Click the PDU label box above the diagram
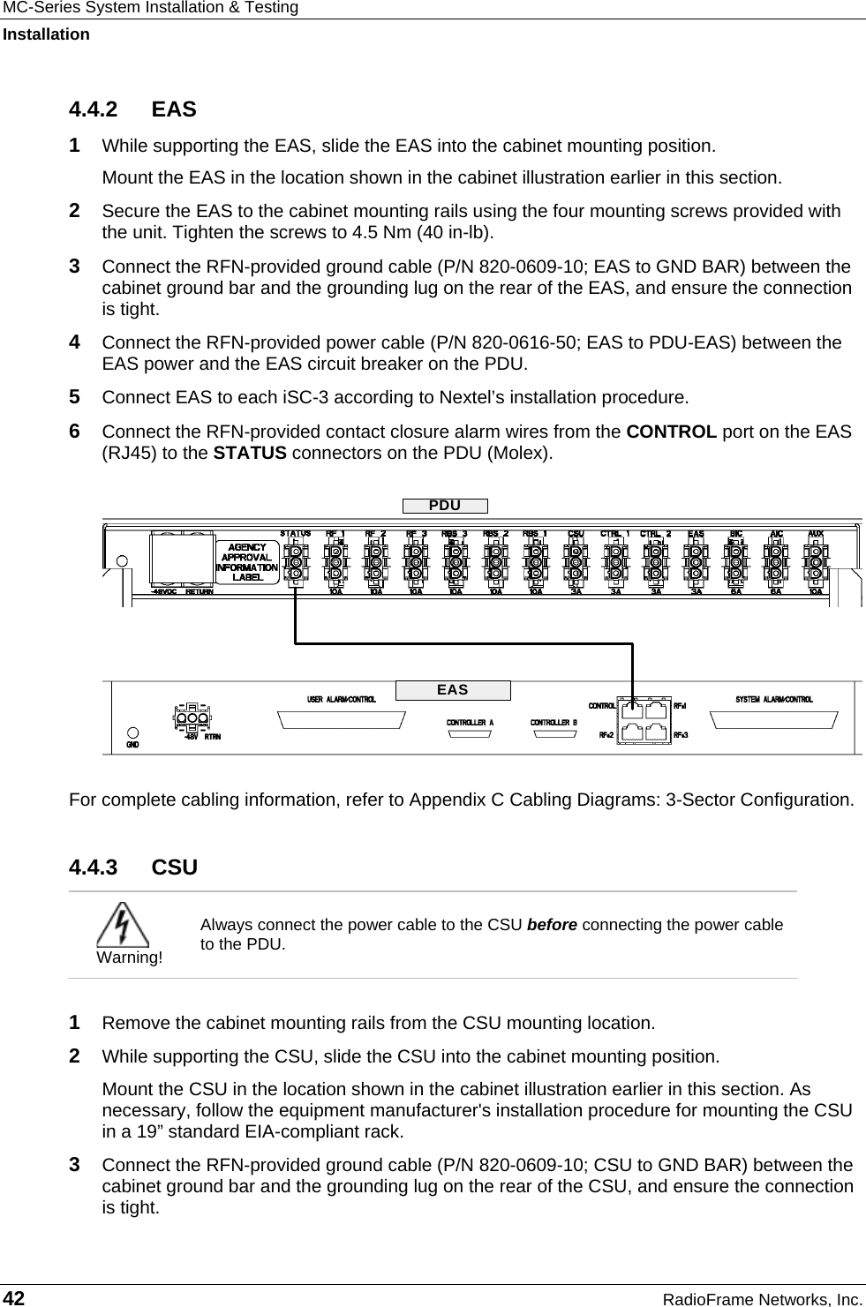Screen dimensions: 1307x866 click(444, 506)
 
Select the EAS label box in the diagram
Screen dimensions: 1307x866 click(452, 690)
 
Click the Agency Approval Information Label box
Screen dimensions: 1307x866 click(247, 562)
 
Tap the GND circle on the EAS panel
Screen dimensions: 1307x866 click(132, 732)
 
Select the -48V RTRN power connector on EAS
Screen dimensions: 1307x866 click(196, 719)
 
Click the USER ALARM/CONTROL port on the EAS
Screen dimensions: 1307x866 click(342, 719)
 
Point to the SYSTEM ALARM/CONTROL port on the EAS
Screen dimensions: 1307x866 click(773, 719)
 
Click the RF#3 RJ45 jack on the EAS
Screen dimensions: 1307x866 click(656, 732)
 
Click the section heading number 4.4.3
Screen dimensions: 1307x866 click(93, 868)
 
